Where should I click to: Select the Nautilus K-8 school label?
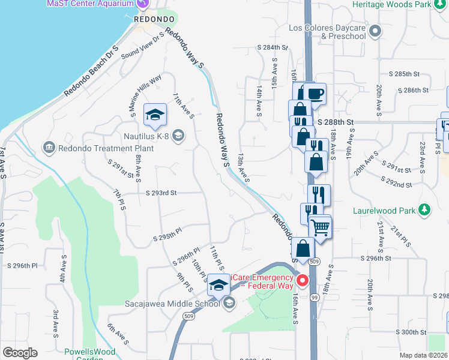pos(146,136)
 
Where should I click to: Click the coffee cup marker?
pos(315,94)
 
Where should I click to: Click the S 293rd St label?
pos(161,193)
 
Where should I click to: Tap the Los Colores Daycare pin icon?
pos(376,30)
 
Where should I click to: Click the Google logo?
pos(20,353)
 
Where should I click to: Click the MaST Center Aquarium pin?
pos(142,4)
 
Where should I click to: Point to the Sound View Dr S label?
pos(142,46)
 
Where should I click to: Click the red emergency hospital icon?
pos(303,280)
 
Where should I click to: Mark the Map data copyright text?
pos(423,355)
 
